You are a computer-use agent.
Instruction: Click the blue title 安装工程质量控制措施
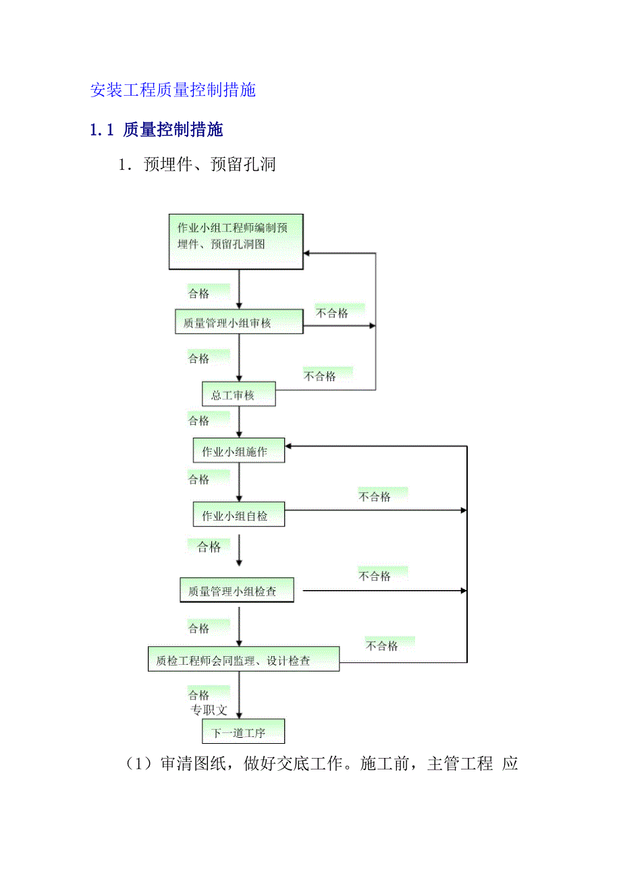(173, 90)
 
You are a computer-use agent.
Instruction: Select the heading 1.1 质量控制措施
(157, 130)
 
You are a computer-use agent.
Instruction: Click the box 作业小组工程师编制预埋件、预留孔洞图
(236, 241)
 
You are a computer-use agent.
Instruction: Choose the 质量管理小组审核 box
(239, 322)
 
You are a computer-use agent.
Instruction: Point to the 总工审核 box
(239, 395)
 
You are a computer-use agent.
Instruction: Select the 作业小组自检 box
(239, 516)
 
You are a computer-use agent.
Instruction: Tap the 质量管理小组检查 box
(238, 591)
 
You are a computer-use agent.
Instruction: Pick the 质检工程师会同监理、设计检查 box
(243, 660)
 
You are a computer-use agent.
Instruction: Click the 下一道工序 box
(243, 732)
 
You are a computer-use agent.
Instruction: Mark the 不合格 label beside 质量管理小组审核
(332, 313)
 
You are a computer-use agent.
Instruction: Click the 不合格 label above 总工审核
(319, 376)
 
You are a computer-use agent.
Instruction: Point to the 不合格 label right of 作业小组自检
(375, 497)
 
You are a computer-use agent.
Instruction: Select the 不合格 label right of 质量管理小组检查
(375, 576)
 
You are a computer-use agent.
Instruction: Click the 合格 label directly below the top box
(198, 293)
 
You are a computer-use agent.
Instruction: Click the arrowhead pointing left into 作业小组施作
(290, 446)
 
